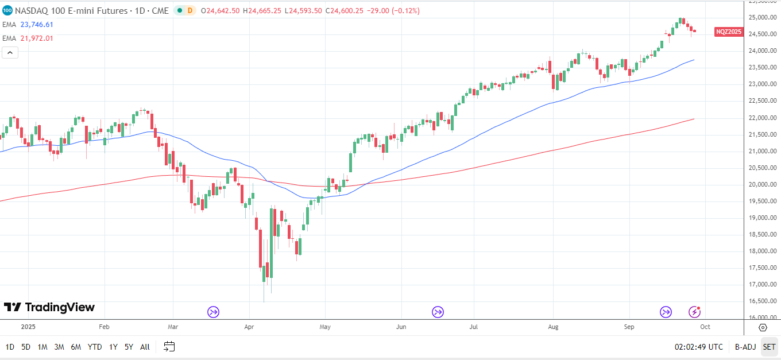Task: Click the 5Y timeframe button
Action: (x=129, y=347)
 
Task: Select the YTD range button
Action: (x=95, y=347)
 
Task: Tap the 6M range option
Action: (x=76, y=347)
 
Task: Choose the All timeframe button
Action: (x=145, y=347)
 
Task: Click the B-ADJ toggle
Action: (x=745, y=347)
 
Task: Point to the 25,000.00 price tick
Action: (x=762, y=17)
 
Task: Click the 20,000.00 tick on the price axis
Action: (x=762, y=184)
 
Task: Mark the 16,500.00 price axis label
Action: (x=762, y=301)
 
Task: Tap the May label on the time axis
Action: (x=324, y=327)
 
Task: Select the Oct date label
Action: (x=705, y=327)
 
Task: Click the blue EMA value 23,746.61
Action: (x=37, y=25)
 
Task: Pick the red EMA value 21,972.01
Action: (x=37, y=38)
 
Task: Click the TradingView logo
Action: (x=49, y=307)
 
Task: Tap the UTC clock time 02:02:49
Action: (x=698, y=347)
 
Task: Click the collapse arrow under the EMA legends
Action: (x=10, y=53)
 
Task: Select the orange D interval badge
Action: (x=190, y=10)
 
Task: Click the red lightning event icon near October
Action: (x=695, y=312)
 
